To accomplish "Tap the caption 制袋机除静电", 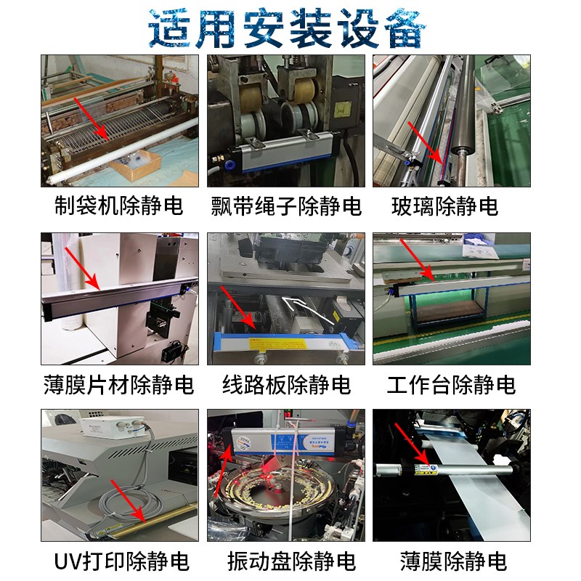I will pos(119,206).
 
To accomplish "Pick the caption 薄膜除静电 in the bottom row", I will pos(452,561).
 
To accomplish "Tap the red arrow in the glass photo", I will pos(425,142).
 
